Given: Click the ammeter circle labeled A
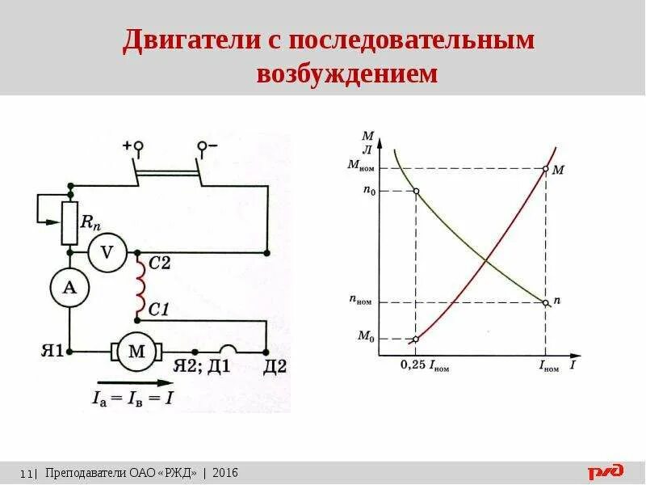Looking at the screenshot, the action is pyautogui.click(x=69, y=287).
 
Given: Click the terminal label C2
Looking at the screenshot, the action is pyautogui.click(x=159, y=264).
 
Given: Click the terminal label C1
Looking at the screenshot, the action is pyautogui.click(x=159, y=308).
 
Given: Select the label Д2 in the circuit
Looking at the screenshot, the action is pyautogui.click(x=275, y=366).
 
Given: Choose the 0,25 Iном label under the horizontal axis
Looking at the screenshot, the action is pyautogui.click(x=424, y=366).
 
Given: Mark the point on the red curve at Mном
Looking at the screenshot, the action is pyautogui.click(x=547, y=169).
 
